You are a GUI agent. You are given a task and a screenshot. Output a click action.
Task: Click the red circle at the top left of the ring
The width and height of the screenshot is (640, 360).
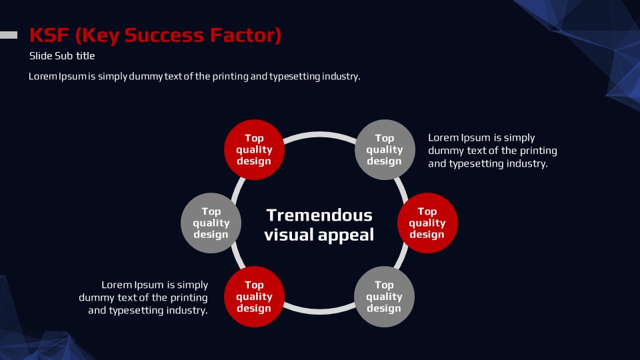[x=254, y=150]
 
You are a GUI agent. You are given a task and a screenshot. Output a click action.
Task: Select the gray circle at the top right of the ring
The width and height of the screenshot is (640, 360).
[x=385, y=150]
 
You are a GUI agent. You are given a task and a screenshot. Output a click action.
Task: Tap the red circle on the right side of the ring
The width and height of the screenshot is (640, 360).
[x=427, y=223]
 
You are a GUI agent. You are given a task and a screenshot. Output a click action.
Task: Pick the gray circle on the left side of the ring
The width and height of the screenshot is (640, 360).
[x=211, y=223]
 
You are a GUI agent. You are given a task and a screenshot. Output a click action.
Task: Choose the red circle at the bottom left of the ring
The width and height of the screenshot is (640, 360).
[x=254, y=297]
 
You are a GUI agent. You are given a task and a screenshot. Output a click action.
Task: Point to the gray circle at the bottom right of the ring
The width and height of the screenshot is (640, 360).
[x=384, y=297]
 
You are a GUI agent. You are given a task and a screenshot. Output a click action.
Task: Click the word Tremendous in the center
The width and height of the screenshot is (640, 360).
[x=319, y=215]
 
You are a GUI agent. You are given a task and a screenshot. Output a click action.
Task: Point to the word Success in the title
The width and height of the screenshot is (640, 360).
[x=164, y=35]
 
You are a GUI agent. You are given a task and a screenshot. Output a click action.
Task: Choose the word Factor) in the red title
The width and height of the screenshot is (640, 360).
[x=246, y=35]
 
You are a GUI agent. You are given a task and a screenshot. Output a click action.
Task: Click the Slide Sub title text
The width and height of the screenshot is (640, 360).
[x=62, y=56]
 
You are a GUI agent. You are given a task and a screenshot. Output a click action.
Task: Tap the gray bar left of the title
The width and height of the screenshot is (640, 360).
[x=9, y=35]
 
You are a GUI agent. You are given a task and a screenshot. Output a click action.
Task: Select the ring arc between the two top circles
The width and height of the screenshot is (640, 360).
[x=319, y=133]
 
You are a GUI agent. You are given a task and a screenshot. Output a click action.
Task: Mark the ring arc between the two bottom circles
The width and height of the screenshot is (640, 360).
[x=319, y=312]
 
